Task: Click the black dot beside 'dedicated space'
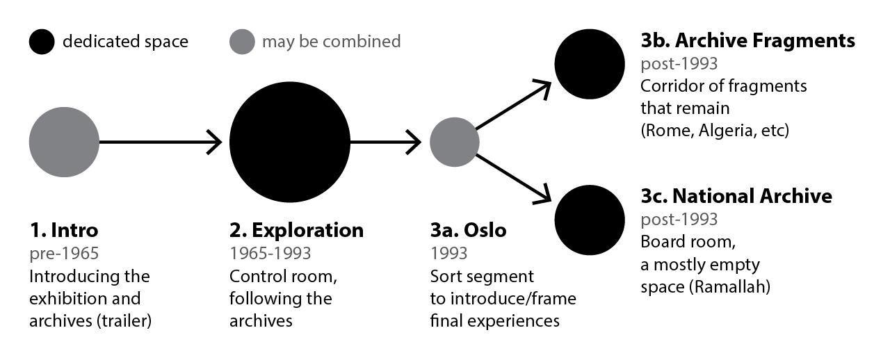(42, 42)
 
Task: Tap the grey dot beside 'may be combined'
(242, 42)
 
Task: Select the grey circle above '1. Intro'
(64, 142)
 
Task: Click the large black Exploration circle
(289, 142)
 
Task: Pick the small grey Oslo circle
(454, 142)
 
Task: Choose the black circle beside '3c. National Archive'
(590, 220)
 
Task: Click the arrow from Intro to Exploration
(160, 142)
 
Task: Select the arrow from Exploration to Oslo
(386, 142)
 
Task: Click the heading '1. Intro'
(63, 230)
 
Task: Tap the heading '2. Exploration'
(296, 230)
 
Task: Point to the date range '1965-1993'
(270, 253)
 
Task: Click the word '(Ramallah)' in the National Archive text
(730, 286)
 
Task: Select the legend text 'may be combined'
(331, 42)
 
